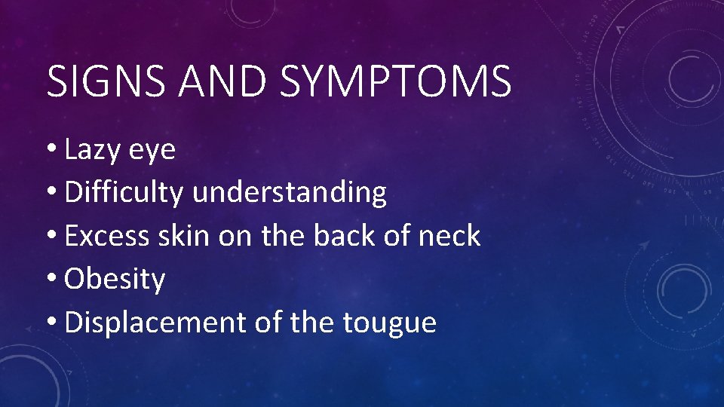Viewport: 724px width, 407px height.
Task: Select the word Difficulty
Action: pos(124,193)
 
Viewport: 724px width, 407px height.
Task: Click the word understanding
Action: pos(290,193)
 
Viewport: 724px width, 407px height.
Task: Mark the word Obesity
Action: pos(115,280)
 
